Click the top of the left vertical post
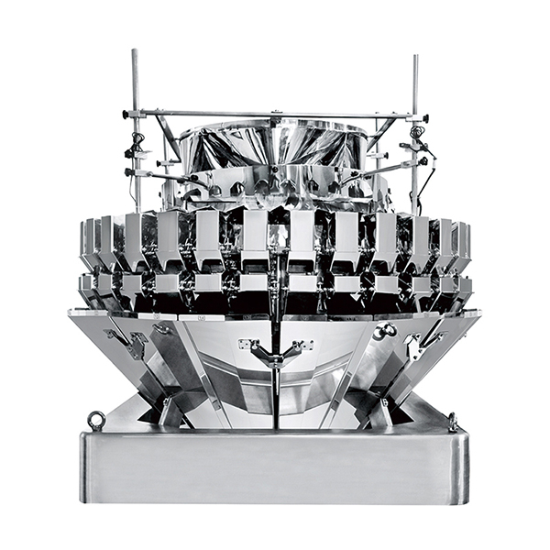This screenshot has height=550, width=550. coord(135,52)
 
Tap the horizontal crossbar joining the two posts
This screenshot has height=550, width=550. coord(275,115)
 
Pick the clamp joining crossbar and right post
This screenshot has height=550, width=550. coord(417,117)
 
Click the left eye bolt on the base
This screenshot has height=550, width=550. coord(95,420)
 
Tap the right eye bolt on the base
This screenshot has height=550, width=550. coord(453,422)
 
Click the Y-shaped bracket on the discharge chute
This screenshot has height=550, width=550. coord(274,353)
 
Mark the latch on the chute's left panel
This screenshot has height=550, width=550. coord(136,344)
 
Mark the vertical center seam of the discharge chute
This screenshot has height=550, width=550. coord(274,394)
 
